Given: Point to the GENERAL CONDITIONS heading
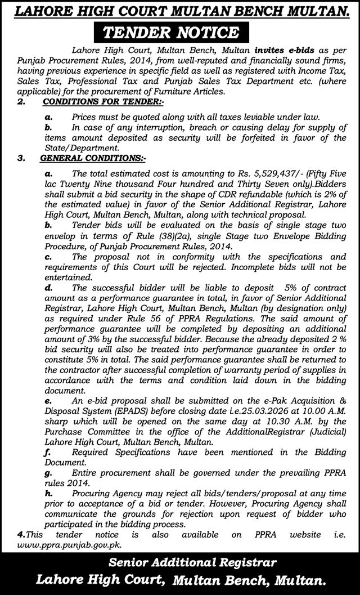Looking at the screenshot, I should pyautogui.click(x=93, y=159).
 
